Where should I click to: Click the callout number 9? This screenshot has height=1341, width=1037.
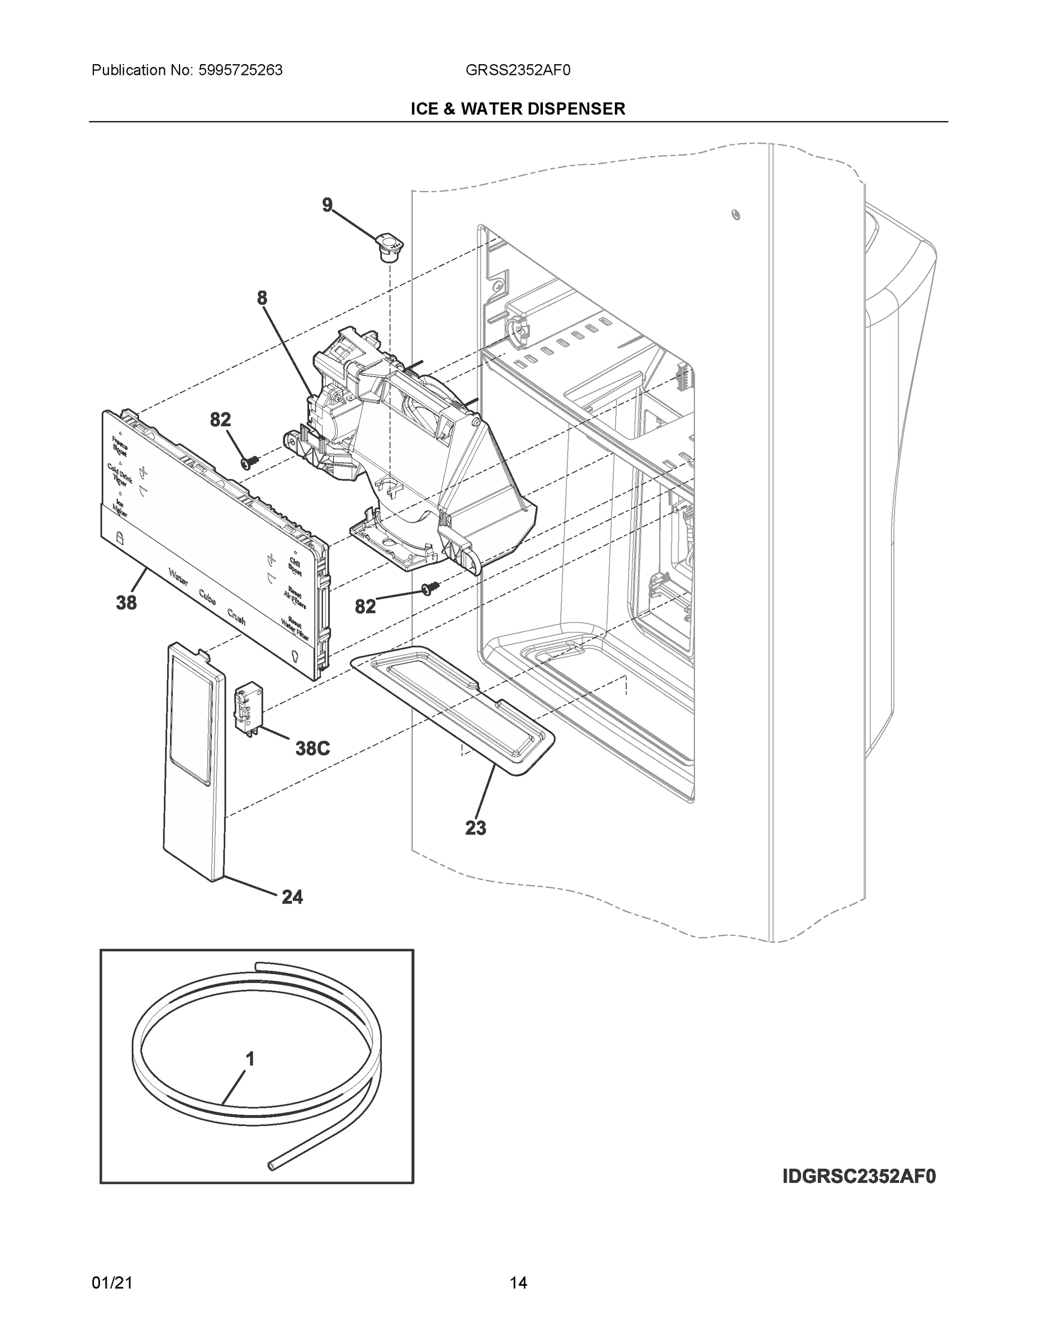(x=328, y=205)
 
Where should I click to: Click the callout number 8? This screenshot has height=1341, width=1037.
(x=262, y=298)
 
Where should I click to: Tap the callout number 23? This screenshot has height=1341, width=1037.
(x=476, y=828)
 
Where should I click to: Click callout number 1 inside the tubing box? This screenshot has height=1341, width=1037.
(x=250, y=1059)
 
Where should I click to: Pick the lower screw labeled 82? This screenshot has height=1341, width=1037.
(x=430, y=589)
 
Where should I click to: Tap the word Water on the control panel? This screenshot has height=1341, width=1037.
(x=178, y=577)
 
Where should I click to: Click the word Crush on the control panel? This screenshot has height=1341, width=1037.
(x=236, y=616)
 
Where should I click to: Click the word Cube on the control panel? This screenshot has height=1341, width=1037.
(x=207, y=597)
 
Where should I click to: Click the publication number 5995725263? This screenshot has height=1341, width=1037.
(x=240, y=70)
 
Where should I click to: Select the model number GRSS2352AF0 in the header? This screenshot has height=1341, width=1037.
(x=518, y=70)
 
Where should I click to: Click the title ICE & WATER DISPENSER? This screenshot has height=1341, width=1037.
(x=518, y=110)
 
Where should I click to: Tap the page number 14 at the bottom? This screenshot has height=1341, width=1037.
(x=518, y=1283)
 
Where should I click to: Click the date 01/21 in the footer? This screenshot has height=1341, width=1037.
(x=112, y=1283)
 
